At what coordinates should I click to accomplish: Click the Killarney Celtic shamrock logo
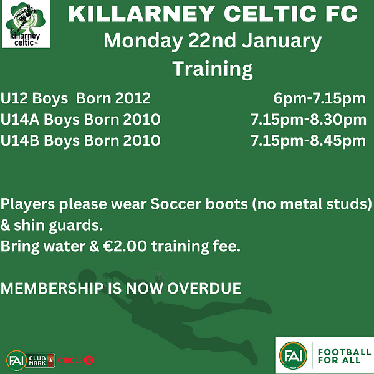pyautogui.click(x=26, y=24)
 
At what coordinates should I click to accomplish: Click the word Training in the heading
pyautogui.click(x=213, y=69)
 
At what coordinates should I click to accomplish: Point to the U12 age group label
pyautogui.click(x=14, y=98)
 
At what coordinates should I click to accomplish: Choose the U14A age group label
pyautogui.click(x=20, y=119)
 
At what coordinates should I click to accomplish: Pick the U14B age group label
pyautogui.click(x=20, y=140)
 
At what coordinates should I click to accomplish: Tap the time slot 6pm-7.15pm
pyautogui.click(x=319, y=98)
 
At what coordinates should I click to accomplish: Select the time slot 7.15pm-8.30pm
pyautogui.click(x=309, y=120)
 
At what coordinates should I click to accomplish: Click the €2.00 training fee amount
pyautogui.click(x=125, y=246)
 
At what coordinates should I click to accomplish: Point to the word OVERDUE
pyautogui.click(x=204, y=288)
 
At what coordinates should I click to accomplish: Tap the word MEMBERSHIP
pyautogui.click(x=52, y=288)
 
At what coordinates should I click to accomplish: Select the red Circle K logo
pyautogui.click(x=75, y=360)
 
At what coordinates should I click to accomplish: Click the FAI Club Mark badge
pyautogui.click(x=31, y=360)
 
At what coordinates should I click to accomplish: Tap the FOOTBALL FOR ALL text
pyautogui.click(x=345, y=356)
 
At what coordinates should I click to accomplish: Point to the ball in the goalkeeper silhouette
pyautogui.click(x=87, y=278)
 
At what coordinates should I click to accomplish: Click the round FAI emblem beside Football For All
pyautogui.click(x=293, y=355)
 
